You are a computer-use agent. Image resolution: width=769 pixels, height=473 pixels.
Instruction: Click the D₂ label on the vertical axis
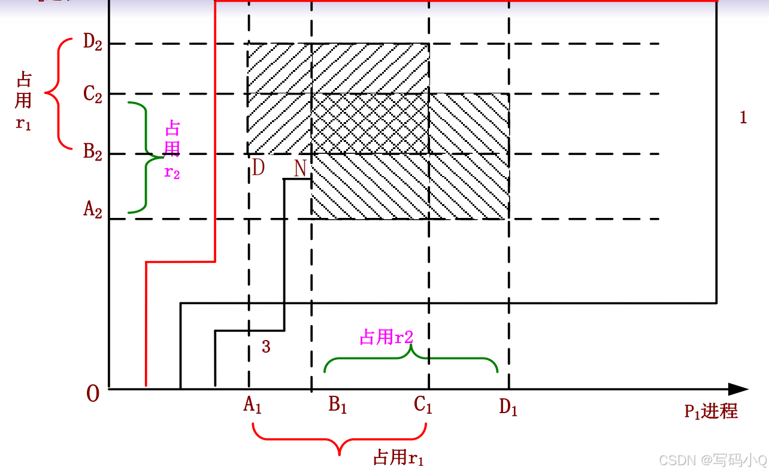(x=93, y=44)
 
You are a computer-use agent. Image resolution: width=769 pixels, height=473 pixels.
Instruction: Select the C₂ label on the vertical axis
(x=93, y=94)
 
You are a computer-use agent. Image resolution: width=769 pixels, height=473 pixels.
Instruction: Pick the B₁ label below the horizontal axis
(x=338, y=406)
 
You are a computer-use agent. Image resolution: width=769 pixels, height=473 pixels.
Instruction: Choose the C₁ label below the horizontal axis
(x=423, y=406)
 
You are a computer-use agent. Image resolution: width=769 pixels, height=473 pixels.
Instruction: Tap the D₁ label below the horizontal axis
(x=508, y=408)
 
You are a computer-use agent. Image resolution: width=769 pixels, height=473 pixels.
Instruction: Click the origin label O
(x=93, y=394)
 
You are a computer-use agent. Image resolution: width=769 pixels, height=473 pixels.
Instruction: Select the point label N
(x=301, y=169)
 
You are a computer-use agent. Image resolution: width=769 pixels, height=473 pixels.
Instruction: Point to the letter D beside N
(x=258, y=168)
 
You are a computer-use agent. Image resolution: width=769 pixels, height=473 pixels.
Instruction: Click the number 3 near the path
(x=266, y=346)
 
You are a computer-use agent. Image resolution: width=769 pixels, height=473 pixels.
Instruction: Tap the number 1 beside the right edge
(x=743, y=117)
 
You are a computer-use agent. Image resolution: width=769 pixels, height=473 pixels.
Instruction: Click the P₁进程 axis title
(x=711, y=411)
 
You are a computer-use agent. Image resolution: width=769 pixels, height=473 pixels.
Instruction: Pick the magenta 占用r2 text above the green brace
(x=386, y=338)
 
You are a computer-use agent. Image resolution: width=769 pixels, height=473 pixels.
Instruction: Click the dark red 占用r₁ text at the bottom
(x=399, y=459)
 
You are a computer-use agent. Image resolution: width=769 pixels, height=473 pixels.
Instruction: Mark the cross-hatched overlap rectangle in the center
(x=370, y=123)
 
